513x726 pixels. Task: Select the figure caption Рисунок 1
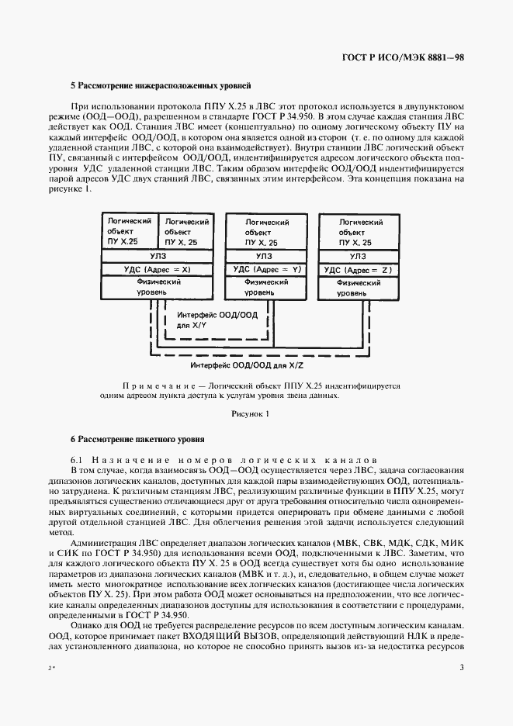[x=250, y=413]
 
